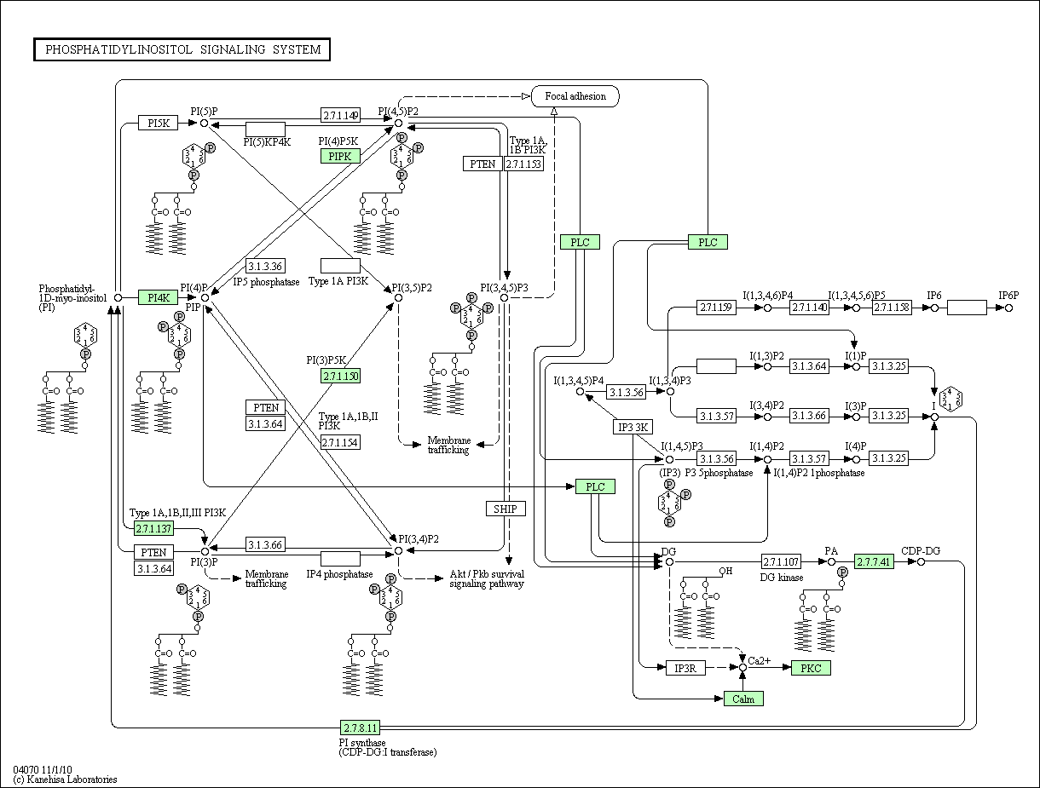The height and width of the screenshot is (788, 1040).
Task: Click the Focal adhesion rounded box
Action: [x=575, y=96]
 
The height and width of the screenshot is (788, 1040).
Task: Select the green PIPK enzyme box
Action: [x=340, y=156]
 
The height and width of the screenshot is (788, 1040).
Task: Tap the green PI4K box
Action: [x=159, y=297]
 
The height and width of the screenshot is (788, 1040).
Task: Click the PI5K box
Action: [x=159, y=123]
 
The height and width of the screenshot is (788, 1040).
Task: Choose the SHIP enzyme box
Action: [x=506, y=509]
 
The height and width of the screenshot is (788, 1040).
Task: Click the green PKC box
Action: [x=811, y=668]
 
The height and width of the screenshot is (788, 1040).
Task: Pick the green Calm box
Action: [x=743, y=699]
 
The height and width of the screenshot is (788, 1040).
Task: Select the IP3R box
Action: [x=685, y=668]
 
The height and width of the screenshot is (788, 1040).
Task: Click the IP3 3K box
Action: [x=633, y=427]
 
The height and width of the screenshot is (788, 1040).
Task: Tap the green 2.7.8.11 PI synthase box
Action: [x=360, y=728]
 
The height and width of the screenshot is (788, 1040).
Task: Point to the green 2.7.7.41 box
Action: [x=874, y=561]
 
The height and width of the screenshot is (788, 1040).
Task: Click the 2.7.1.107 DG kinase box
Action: [x=782, y=561]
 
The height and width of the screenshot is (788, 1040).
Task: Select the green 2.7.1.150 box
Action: [x=340, y=377]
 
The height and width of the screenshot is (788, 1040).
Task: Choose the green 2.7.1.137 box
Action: [x=153, y=528]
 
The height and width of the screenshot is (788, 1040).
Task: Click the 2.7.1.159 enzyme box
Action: [x=716, y=308]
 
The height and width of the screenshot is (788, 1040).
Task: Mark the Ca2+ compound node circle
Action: [x=743, y=668]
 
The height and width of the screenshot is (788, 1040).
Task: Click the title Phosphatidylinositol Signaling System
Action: [x=183, y=49]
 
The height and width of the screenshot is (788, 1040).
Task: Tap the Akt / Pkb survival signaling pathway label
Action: [x=487, y=578]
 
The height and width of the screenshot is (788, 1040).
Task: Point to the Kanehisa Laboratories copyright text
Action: [x=66, y=779]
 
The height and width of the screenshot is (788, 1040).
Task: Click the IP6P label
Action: [x=1008, y=296]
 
